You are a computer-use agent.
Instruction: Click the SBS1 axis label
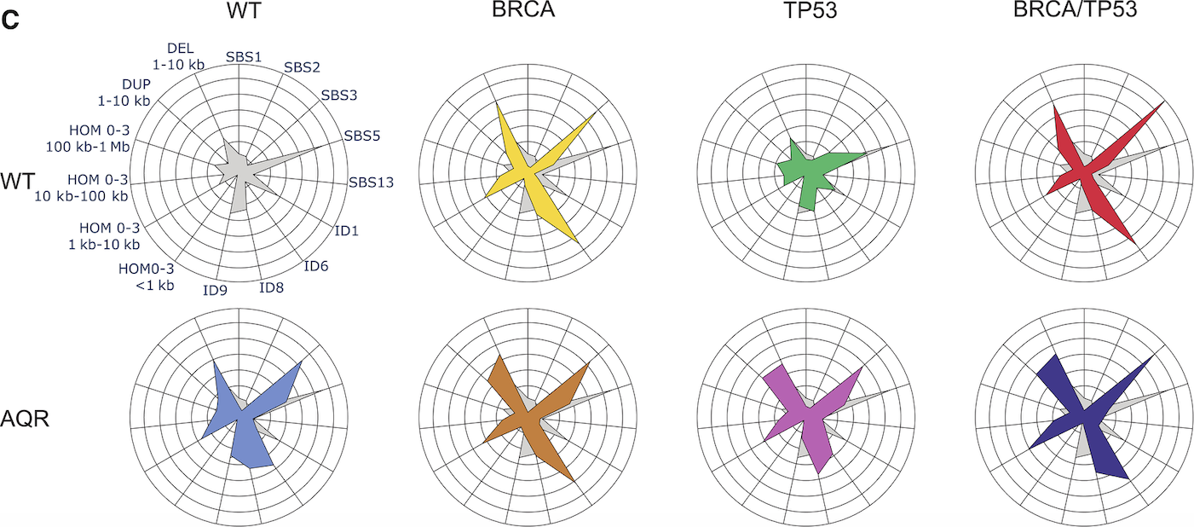pyautogui.click(x=244, y=57)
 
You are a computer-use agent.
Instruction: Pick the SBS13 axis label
pyautogui.click(x=370, y=181)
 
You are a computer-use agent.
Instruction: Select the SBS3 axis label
pyautogui.click(x=338, y=96)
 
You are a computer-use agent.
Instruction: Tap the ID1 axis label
pyautogui.click(x=345, y=231)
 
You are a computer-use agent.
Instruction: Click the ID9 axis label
pyautogui.click(x=215, y=290)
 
